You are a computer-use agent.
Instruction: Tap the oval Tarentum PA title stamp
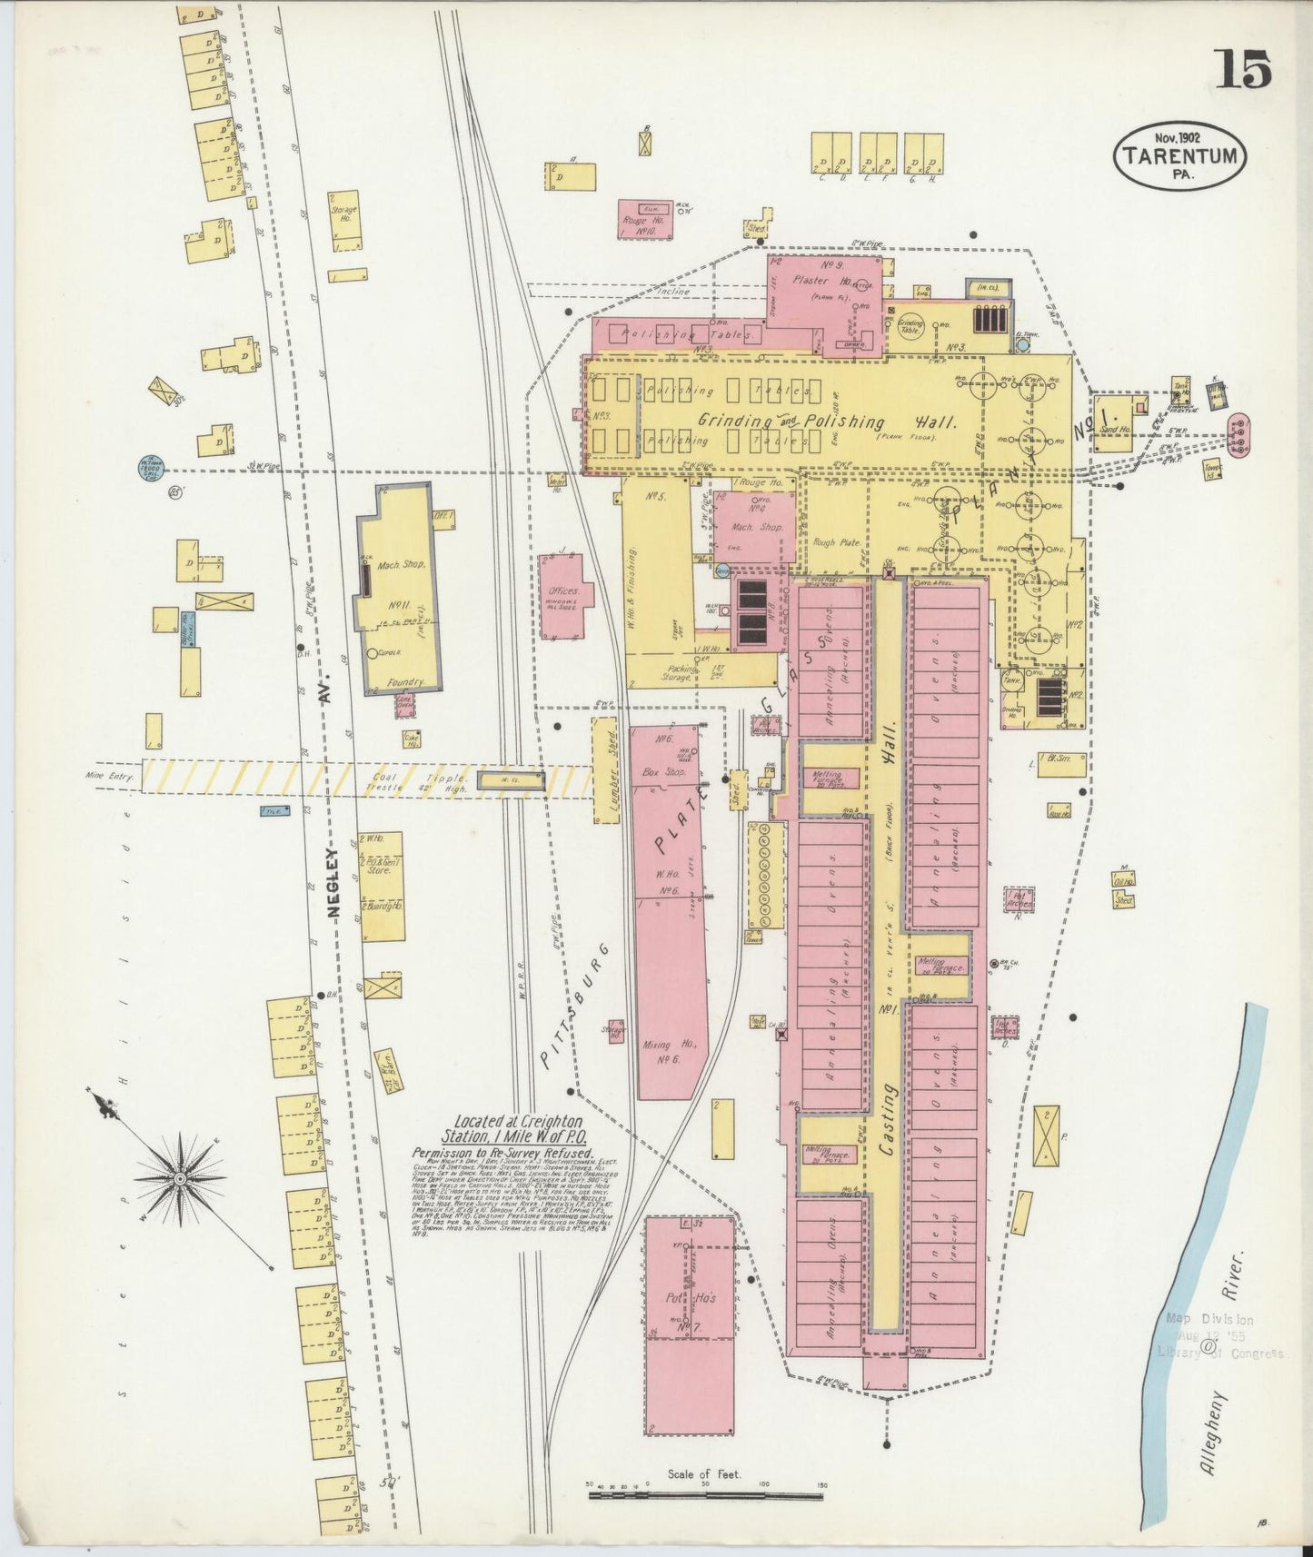click(x=1180, y=155)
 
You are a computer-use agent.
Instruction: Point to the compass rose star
click(x=180, y=1178)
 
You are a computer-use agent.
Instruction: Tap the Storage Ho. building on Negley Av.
click(x=343, y=219)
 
